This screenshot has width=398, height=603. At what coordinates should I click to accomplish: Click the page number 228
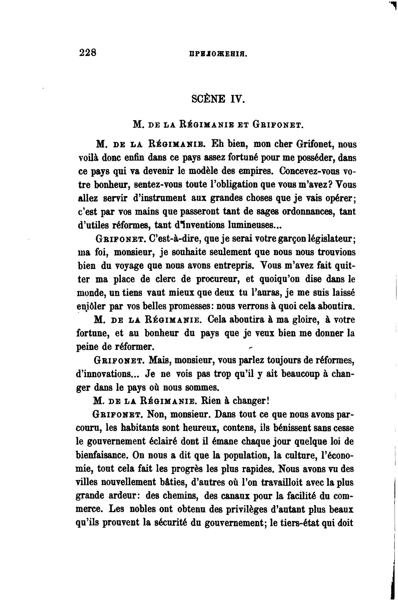[x=88, y=53]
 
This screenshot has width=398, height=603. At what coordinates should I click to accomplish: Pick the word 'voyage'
[x=127, y=266]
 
